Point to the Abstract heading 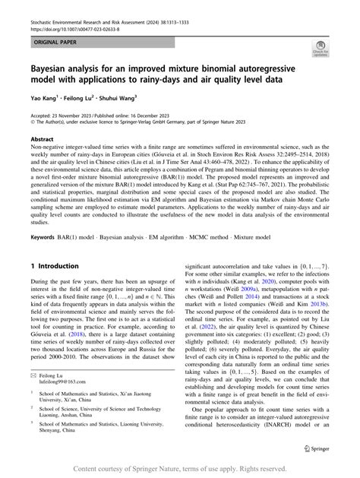pyautogui.click(x=42, y=140)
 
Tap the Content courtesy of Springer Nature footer pyautogui.click(x=180, y=468)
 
